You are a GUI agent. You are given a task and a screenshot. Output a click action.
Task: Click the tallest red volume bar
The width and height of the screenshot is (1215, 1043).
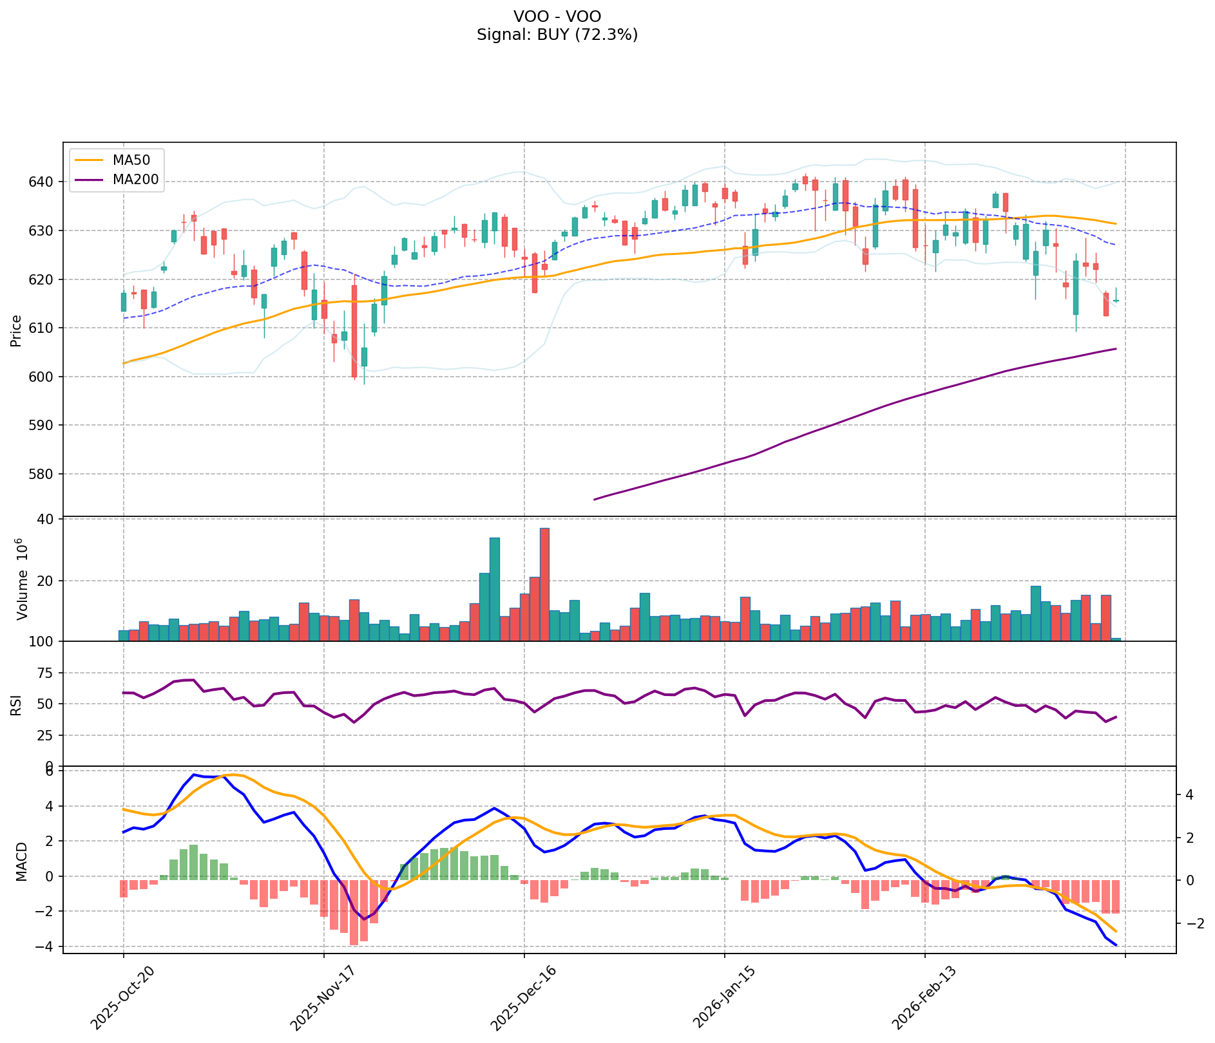(x=544, y=585)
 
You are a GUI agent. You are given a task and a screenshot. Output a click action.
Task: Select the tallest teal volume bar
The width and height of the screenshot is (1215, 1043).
(x=495, y=589)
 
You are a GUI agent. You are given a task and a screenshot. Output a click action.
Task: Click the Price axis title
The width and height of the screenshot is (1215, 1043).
(x=17, y=331)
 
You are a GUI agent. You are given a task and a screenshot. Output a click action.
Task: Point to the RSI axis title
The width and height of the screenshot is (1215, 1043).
(x=17, y=704)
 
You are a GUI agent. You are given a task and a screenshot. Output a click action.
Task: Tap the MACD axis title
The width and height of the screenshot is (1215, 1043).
(x=21, y=862)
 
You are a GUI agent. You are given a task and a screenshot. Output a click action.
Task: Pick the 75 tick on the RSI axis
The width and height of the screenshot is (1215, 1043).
(x=48, y=673)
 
